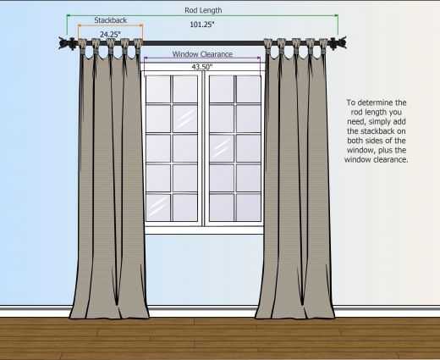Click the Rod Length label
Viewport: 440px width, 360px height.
203,10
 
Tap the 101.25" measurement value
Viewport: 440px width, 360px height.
202,25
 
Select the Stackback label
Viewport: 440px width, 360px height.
111,20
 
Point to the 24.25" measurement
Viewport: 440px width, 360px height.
110,35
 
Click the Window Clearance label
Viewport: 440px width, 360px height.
202,54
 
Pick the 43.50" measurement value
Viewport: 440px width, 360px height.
202,67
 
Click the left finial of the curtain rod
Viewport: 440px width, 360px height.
67,43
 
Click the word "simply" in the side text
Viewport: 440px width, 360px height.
379,122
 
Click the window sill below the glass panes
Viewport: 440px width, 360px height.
204,230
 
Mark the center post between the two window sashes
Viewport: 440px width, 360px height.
203,148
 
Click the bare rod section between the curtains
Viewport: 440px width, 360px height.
203,43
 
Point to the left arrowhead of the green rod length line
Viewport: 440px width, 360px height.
69,15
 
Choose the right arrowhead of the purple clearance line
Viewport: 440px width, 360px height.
259,58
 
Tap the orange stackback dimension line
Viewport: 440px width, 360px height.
111,25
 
